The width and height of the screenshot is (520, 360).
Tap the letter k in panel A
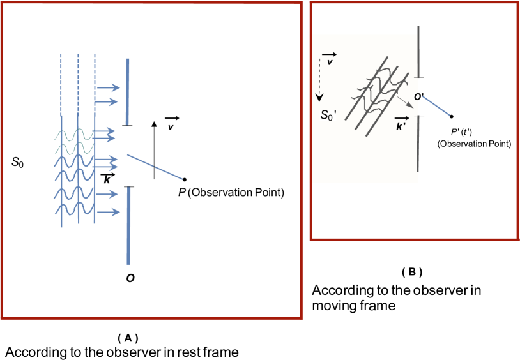(107, 180)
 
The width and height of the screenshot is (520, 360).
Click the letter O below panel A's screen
(130, 278)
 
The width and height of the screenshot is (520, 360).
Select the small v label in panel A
(171, 128)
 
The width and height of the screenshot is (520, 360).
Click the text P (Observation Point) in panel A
(231, 193)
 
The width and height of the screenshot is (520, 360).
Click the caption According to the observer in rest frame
(122, 352)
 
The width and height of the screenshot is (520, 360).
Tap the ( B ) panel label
(412, 272)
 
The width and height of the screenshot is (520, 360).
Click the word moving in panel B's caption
(333, 306)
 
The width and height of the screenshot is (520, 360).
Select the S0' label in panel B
(328, 116)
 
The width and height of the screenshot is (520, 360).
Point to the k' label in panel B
(401, 125)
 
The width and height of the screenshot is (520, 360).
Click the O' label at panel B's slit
(419, 97)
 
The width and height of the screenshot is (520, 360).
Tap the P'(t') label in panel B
(461, 133)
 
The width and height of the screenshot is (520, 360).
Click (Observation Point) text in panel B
(474, 144)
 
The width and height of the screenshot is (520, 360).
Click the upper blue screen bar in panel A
(128, 91)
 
